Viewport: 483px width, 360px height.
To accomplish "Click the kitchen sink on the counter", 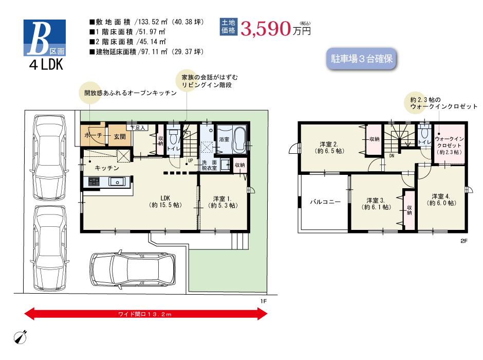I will click(116, 181).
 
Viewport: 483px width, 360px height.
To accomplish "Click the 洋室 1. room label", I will click(222, 201).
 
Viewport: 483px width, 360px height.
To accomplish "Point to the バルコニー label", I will click(325, 202).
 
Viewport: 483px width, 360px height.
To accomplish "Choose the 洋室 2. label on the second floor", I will click(330, 148).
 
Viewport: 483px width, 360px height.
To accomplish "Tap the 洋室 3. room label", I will click(376, 203).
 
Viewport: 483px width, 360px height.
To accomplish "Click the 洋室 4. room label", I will click(441, 200).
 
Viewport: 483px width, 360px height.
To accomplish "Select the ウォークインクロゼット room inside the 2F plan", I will click(450, 146).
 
